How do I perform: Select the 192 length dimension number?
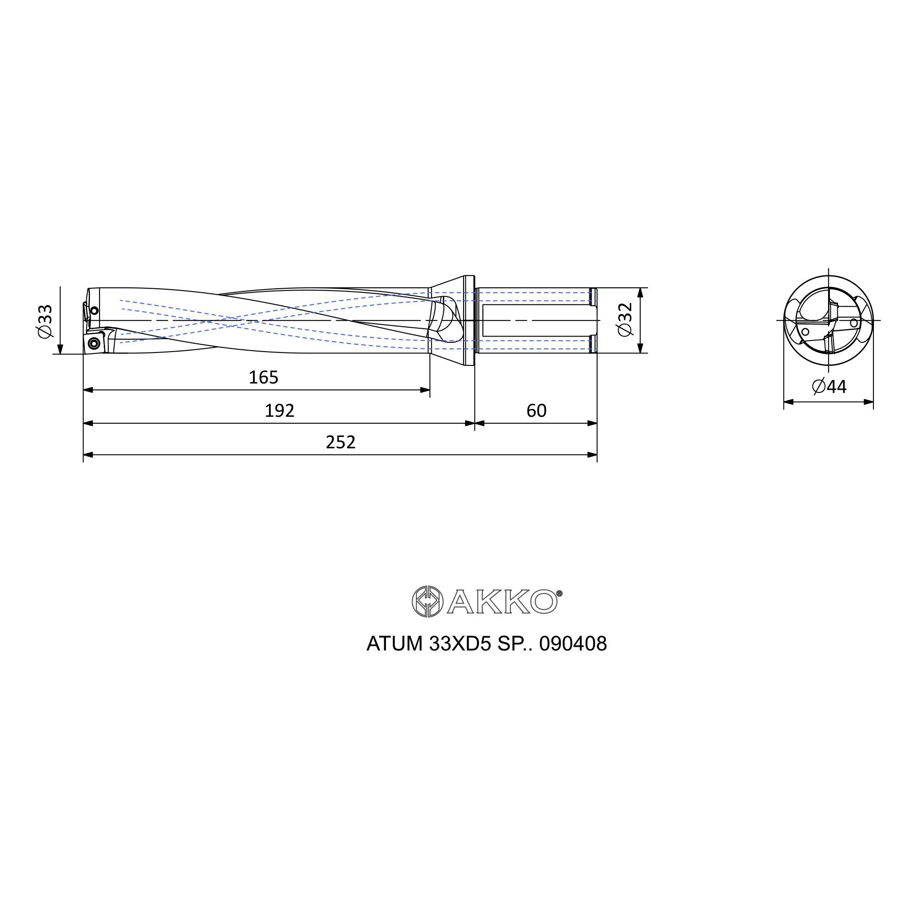tap(280, 411)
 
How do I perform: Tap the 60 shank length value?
tap(537, 411)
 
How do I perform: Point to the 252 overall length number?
tap(341, 443)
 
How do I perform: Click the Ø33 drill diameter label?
tap(45, 322)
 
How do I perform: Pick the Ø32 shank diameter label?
tap(625, 319)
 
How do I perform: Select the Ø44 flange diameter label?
tap(829, 387)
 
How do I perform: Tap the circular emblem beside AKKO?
tap(428, 602)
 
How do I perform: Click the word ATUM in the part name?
tap(394, 644)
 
